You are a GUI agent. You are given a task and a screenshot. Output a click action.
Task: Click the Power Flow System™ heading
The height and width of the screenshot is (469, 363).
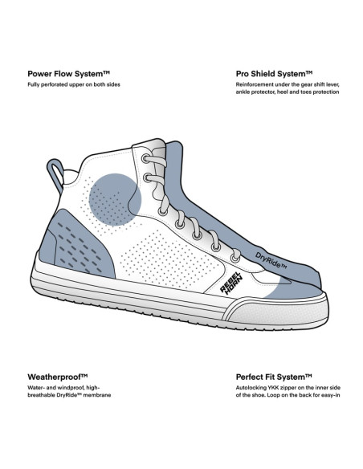tap(69, 74)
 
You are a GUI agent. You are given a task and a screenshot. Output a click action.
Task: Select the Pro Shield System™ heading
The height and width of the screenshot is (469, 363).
tap(274, 74)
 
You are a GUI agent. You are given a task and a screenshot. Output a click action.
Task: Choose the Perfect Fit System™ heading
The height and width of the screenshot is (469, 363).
tap(274, 377)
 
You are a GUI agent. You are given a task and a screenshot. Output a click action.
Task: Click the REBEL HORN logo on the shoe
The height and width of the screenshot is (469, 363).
tap(230, 283)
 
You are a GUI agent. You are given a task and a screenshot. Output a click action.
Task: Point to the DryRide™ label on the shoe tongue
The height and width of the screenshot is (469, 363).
tap(271, 260)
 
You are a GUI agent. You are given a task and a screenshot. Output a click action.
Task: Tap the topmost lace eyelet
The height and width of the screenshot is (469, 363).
tap(145, 158)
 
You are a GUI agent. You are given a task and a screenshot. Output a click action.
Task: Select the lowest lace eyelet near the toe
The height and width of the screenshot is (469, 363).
tap(235, 258)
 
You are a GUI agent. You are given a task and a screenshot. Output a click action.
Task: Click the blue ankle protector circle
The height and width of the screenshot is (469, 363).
tap(115, 199)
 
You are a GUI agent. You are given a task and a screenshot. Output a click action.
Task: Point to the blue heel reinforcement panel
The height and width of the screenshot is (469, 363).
tap(80, 245)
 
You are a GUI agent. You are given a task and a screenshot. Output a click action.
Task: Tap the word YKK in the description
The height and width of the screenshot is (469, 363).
tap(268, 388)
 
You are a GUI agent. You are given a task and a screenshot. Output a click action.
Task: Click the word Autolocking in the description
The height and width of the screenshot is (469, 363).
tap(248, 388)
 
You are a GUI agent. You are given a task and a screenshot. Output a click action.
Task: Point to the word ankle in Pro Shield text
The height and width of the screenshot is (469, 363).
tap(243, 92)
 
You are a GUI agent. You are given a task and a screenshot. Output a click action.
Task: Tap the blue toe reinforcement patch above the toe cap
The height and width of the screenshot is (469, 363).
tap(287, 288)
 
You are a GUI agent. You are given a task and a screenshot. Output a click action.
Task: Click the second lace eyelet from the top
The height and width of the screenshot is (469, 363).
tap(148, 178)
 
